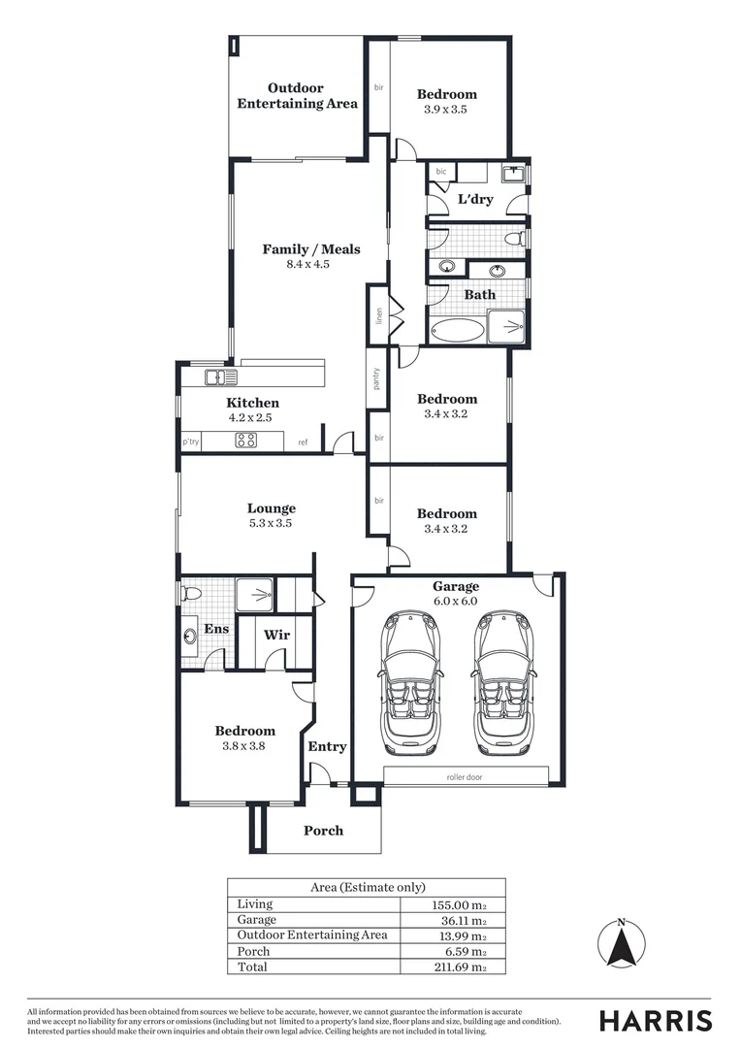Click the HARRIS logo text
coord(655,1021)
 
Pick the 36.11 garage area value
coord(462,920)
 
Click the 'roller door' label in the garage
coord(464,777)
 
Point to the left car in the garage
coord(411,682)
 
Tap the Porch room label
coord(323,831)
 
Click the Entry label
coord(327,746)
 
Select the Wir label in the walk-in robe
coord(276,635)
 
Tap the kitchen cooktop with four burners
coord(246,440)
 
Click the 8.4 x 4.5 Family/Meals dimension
coord(297,263)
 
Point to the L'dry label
coord(475,199)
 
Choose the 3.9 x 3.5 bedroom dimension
coord(446,110)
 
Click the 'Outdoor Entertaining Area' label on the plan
coord(297,96)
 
